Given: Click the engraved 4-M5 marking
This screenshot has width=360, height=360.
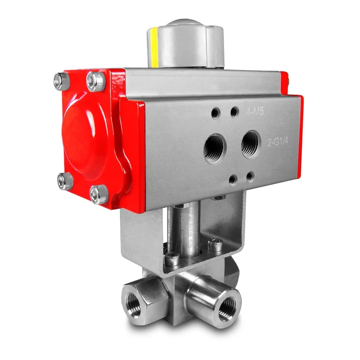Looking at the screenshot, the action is tap(255, 112).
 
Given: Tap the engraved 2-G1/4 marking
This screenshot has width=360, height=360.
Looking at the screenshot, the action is tap(278, 142).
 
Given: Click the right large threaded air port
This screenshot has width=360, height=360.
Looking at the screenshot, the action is tap(251, 144).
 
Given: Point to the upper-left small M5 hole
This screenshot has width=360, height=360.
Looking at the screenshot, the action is tap(216, 113).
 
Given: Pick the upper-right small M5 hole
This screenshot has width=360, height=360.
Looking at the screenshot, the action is tap(234, 112).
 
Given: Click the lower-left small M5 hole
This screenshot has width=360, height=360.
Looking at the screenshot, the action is tap(233, 180).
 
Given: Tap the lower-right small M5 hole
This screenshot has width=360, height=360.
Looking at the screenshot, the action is tap(250, 177).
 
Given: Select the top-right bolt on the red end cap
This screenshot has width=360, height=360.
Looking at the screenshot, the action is tap(96, 81).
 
